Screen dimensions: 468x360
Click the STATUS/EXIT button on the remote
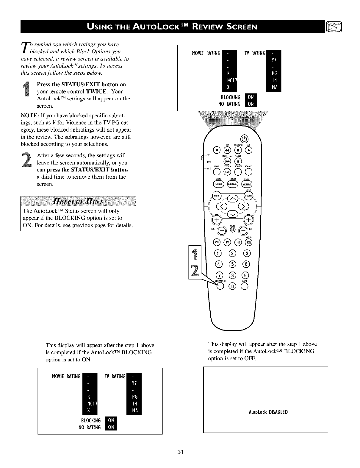tap(220, 286)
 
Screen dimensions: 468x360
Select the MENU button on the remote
tap(216, 195)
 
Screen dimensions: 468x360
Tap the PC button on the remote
tap(216, 243)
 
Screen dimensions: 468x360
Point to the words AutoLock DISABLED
tap(265, 412)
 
